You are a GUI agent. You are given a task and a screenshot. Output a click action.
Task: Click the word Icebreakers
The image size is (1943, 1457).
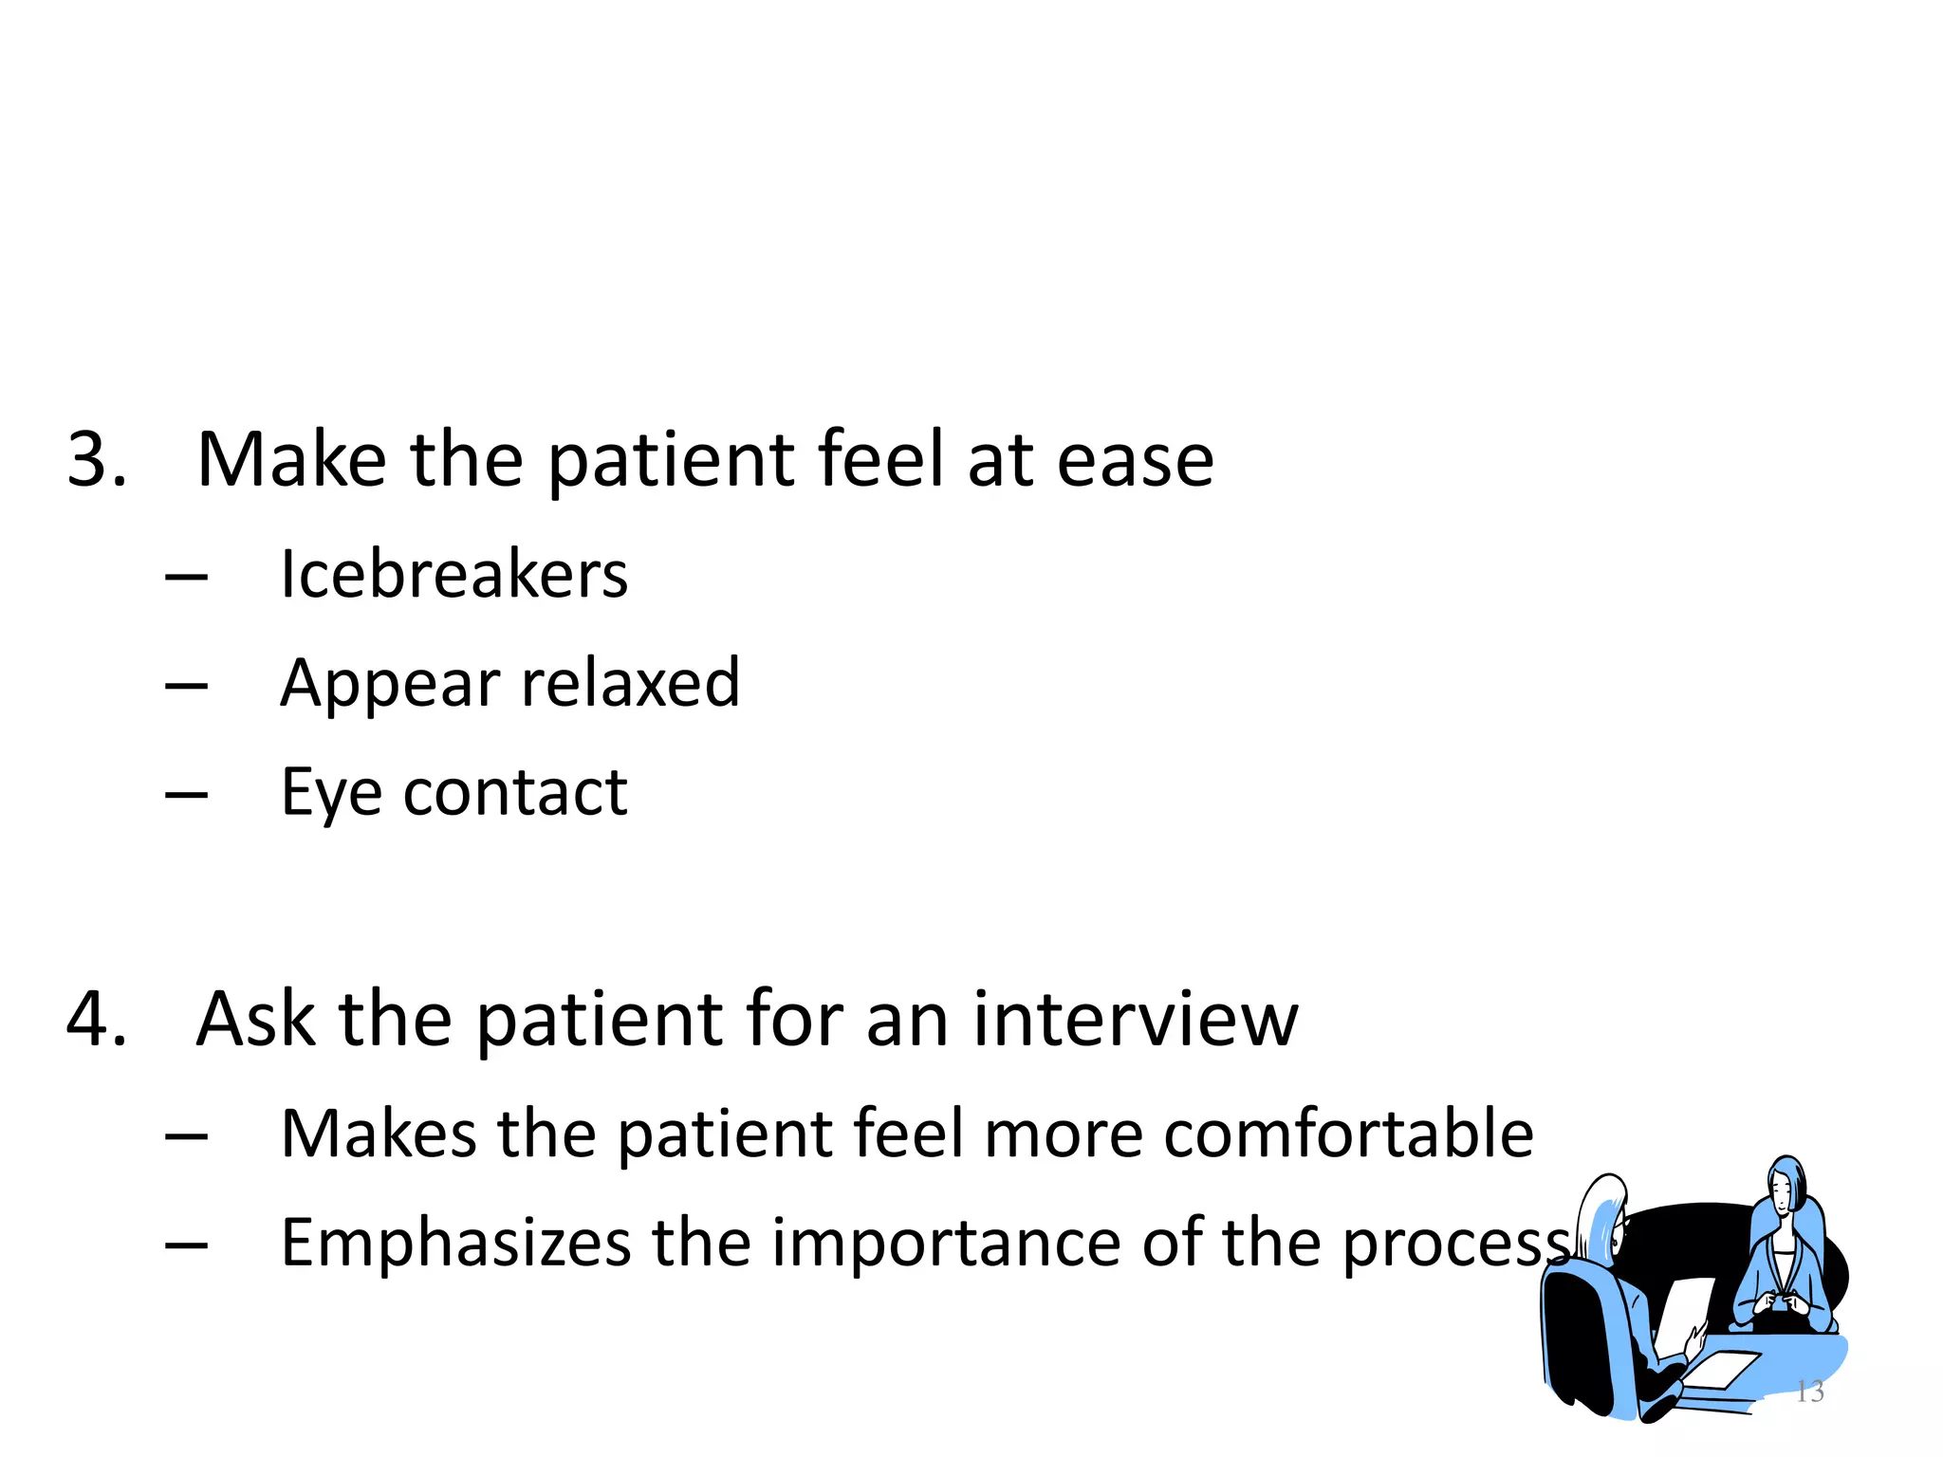coord(453,575)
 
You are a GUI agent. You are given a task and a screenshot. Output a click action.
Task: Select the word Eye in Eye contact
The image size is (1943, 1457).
coord(331,793)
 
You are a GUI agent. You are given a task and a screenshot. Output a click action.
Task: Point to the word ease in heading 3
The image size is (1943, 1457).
coord(1135,460)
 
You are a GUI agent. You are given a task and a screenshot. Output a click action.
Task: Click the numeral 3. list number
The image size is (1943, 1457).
coord(97,460)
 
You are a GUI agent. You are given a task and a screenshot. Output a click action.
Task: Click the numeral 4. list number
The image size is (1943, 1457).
coord(97,1020)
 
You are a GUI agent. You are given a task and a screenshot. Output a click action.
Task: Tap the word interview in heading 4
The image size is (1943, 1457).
coord(1135,1020)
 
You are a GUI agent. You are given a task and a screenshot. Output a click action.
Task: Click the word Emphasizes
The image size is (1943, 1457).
coord(455,1244)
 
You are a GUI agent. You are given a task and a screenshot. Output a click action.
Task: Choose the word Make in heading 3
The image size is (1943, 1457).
coord(291,460)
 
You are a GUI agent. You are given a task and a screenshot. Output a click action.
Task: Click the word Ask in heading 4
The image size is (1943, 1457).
coord(255,1020)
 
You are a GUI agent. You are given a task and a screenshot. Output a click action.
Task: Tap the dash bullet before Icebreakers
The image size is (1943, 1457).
coord(186,577)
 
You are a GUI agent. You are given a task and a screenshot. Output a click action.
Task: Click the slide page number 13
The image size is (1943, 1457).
coord(1809,1392)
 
